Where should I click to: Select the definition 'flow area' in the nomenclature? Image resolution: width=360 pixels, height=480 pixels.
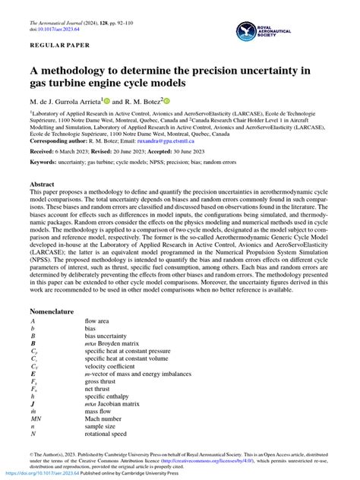click(x=99, y=322)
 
